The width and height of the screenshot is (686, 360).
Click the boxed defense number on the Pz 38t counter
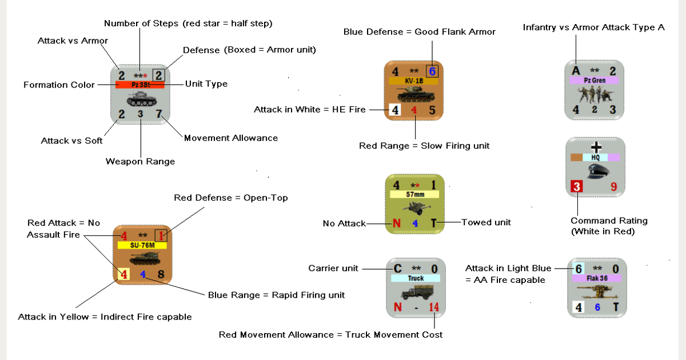[159, 74]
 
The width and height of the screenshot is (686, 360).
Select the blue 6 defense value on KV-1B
[432, 71]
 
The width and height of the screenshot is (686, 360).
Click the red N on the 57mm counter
[396, 223]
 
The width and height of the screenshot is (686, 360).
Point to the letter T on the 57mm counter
[434, 223]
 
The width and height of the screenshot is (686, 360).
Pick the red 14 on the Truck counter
[434, 308]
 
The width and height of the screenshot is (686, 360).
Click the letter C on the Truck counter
[398, 269]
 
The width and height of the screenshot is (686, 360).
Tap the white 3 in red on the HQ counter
[577, 187]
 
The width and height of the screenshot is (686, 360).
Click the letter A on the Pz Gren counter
[576, 70]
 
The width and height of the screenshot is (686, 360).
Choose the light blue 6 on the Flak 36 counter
[579, 269]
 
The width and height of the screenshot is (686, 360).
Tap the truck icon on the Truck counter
[416, 293]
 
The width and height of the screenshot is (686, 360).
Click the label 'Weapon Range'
[140, 162]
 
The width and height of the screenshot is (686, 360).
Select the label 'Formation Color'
[59, 85]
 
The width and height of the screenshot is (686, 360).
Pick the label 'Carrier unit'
[333, 268]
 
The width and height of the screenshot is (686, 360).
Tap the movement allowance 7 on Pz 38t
[158, 114]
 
